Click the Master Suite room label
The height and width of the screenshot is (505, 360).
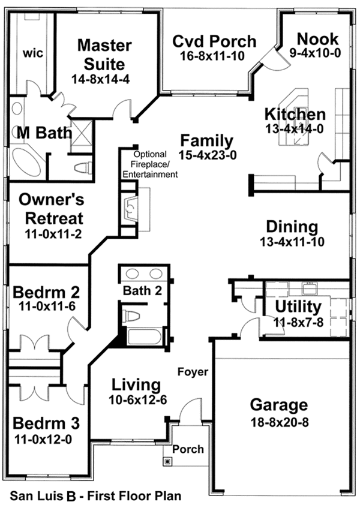100,54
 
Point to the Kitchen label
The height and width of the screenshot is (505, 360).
295,114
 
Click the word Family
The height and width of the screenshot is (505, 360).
207,141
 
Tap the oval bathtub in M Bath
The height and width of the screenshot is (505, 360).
25,163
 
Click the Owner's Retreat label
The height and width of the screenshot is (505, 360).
50,208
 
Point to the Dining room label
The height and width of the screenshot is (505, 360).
292,227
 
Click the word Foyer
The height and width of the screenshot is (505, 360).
193,372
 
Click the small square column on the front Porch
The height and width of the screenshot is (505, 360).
167,461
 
